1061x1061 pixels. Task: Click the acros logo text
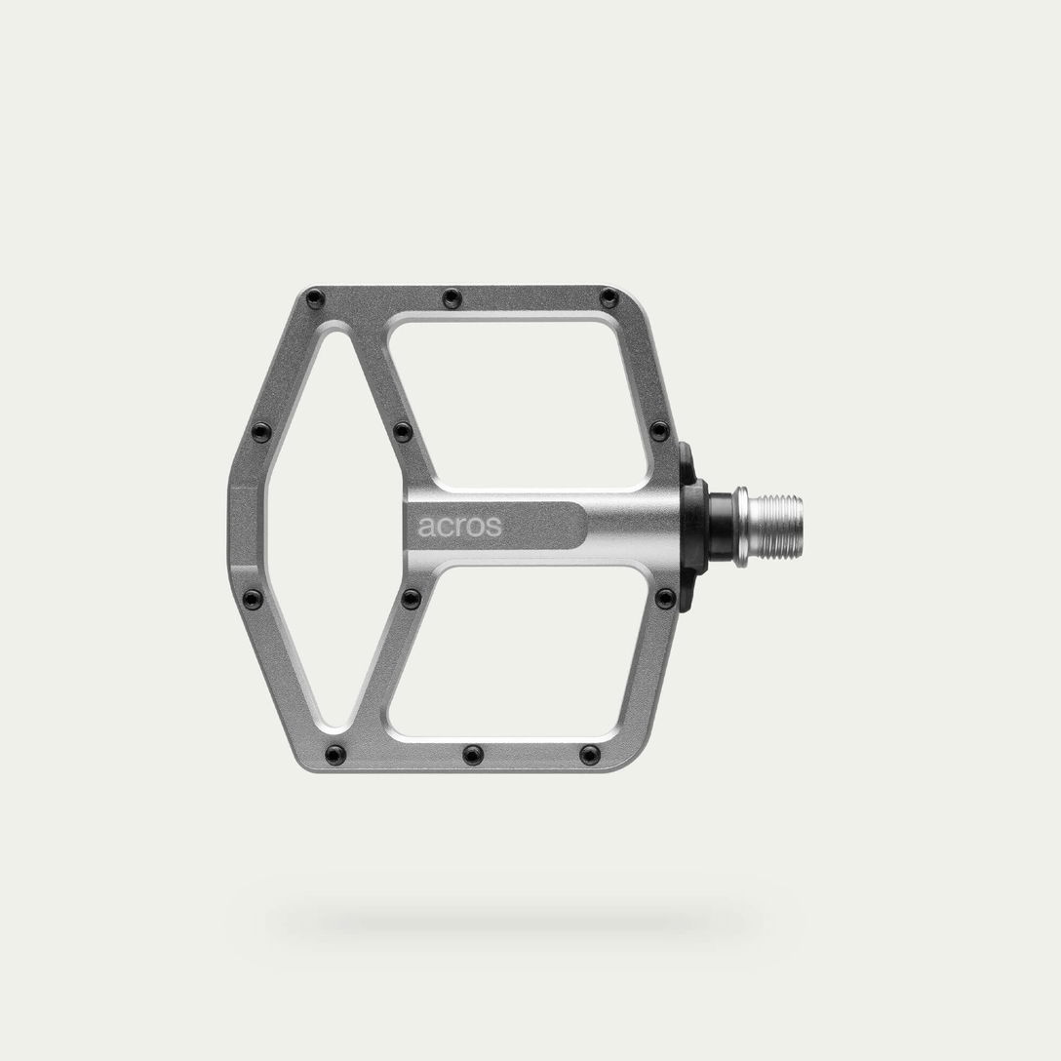[459, 527]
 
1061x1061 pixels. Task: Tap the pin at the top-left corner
[313, 296]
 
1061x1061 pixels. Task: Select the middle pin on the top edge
[450, 296]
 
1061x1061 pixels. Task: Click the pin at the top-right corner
[609, 297]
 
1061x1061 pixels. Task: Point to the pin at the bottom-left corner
[335, 754]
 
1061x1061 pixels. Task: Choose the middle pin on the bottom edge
[473, 754]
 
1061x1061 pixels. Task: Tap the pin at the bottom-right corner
[590, 754]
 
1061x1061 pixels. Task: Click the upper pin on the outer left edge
[259, 432]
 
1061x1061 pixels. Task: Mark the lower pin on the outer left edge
[255, 598]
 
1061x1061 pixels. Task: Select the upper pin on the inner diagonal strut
[403, 432]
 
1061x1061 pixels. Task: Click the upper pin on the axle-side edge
[660, 431]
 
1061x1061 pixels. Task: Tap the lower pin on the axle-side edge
[665, 597]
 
